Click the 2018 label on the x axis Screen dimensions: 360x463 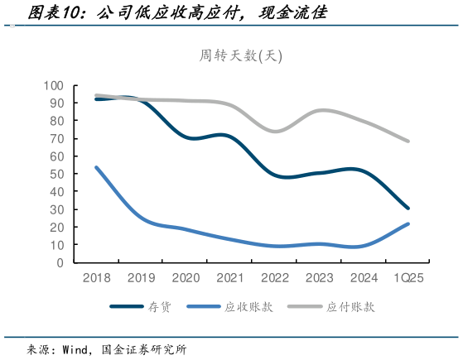(97, 279)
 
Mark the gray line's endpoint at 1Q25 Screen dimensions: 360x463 (408, 141)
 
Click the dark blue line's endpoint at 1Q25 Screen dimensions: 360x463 (408, 209)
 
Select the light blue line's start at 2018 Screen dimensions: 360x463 (97, 167)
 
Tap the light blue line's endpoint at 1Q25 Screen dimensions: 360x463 (408, 223)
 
